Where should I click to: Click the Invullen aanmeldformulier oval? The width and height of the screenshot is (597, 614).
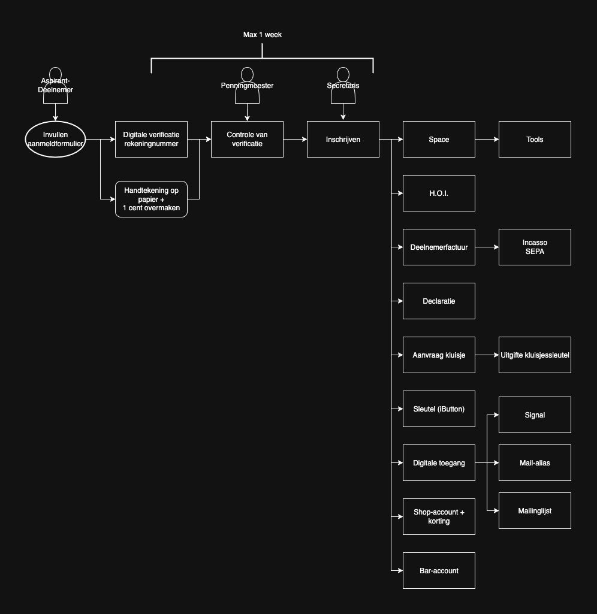click(x=55, y=140)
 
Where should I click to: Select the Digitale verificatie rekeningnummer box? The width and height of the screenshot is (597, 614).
click(x=151, y=140)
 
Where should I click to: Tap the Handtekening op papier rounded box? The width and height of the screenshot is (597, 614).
click(x=151, y=199)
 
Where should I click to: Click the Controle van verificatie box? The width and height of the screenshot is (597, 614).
click(x=247, y=140)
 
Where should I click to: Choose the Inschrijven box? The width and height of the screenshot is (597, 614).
click(x=343, y=140)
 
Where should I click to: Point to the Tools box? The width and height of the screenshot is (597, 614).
click(x=535, y=140)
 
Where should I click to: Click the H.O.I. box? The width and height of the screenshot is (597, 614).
click(x=439, y=193)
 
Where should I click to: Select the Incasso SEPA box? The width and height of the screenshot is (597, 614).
click(x=535, y=247)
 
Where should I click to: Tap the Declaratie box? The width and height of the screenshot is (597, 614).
click(x=439, y=301)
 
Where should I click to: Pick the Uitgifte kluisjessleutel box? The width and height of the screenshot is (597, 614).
click(x=535, y=355)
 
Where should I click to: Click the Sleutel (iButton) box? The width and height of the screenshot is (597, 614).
click(x=439, y=409)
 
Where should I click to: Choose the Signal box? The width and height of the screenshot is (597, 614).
click(x=535, y=415)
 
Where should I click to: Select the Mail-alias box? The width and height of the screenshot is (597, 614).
click(x=535, y=462)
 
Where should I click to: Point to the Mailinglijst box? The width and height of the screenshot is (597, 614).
click(x=535, y=510)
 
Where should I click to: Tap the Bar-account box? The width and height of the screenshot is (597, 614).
click(x=439, y=570)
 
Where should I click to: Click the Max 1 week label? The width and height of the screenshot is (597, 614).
click(x=263, y=35)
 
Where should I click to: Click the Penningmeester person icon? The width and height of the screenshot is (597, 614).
click(x=247, y=85)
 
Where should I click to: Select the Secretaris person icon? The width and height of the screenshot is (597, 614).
click(x=343, y=85)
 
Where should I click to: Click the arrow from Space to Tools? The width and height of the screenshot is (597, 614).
click(x=487, y=140)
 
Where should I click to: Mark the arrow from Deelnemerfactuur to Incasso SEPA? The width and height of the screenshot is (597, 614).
click(x=487, y=247)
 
